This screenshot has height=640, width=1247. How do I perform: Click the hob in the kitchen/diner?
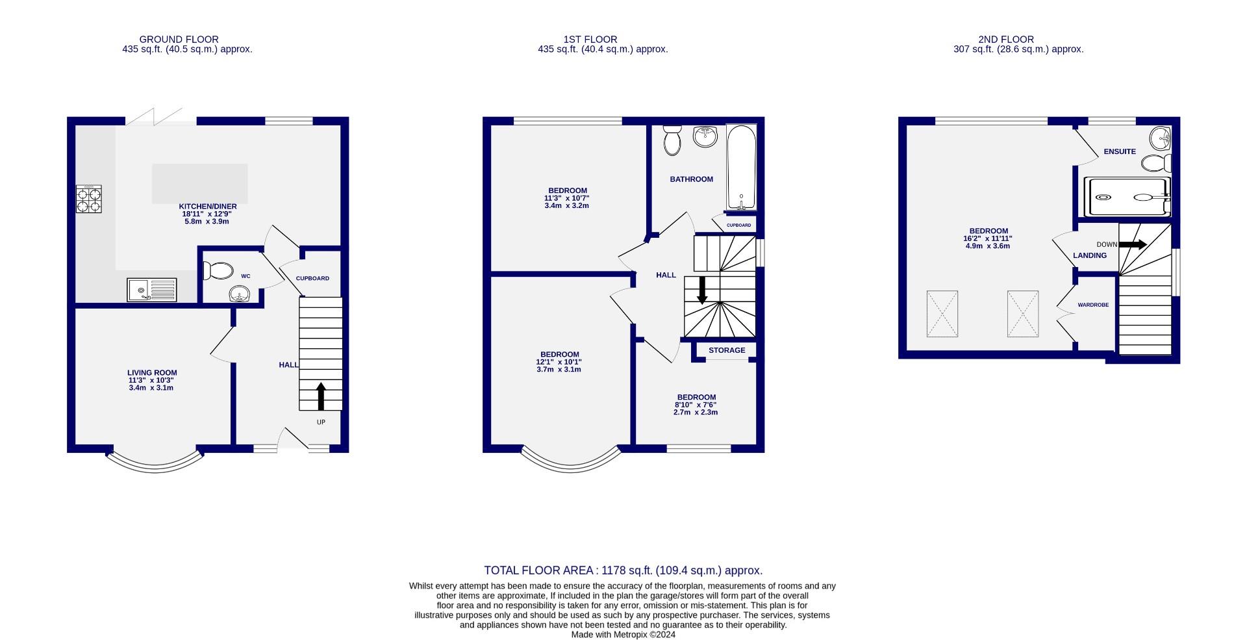(89, 199)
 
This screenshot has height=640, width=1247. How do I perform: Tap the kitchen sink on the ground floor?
(152, 290)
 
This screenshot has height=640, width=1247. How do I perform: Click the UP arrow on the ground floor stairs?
(321, 396)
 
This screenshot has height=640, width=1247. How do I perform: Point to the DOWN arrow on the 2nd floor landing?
(1133, 244)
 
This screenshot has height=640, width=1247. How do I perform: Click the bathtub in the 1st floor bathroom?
(741, 168)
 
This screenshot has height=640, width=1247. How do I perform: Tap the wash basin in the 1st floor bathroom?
(705, 136)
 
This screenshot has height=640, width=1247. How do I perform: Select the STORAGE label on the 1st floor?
(727, 350)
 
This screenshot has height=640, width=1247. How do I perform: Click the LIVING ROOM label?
(152, 373)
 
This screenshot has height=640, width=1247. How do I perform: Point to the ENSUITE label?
(1120, 151)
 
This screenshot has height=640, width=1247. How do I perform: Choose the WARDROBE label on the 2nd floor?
(1093, 305)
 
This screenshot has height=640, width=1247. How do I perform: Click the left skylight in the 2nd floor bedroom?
(942, 314)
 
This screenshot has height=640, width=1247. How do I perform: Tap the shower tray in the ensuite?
(1127, 197)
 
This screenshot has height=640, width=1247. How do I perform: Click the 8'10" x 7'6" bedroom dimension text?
(696, 405)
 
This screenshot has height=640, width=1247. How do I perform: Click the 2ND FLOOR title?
(1005, 40)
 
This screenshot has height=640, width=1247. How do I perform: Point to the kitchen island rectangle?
(200, 183)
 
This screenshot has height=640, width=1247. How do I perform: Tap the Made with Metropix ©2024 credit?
(623, 635)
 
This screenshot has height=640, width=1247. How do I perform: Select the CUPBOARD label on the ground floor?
(312, 278)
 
